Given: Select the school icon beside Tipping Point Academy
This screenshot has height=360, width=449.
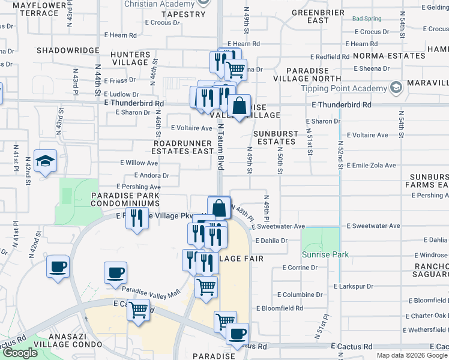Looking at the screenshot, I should click(x=396, y=89).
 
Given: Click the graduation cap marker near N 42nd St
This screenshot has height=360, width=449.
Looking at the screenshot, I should click(x=46, y=161).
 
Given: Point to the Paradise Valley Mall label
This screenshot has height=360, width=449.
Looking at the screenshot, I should click(x=151, y=292).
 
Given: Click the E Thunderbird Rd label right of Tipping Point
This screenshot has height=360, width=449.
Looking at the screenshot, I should click(x=342, y=104).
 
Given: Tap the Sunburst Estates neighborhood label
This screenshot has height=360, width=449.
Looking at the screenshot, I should click(x=274, y=137).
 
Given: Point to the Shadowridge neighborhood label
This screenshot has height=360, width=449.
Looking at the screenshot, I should click(x=67, y=51).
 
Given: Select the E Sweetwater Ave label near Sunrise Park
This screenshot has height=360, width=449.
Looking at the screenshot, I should click(x=375, y=226).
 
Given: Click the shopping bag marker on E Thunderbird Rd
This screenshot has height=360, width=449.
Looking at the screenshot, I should click(x=239, y=106).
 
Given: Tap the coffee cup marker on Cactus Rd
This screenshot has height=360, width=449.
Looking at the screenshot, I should click(x=237, y=334).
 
